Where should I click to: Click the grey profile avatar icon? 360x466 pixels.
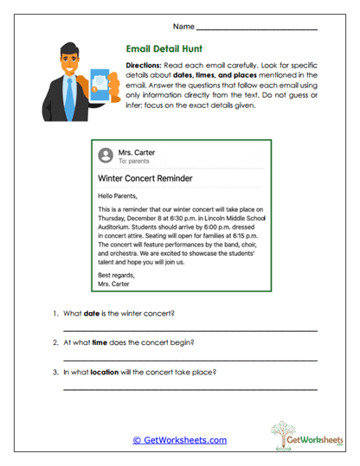(106, 156)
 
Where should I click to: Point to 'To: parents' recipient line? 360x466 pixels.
(134, 162)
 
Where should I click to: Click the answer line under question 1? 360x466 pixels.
(190, 330)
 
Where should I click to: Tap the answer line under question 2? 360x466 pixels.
(190, 359)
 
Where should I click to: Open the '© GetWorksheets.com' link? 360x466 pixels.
(179, 439)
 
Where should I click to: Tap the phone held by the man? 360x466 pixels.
(100, 83)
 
